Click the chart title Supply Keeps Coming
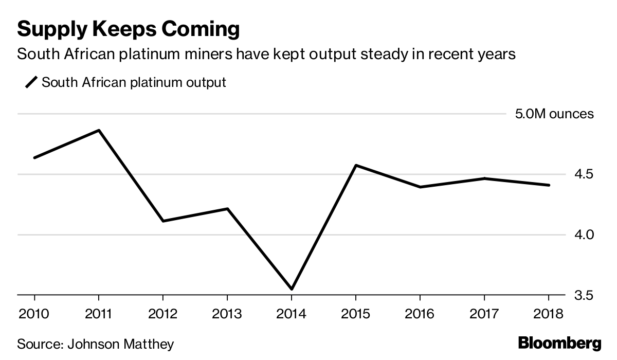tap(129, 29)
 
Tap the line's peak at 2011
tap(99, 130)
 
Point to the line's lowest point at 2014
tap(292, 289)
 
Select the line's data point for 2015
tap(356, 165)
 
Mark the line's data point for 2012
tap(163, 221)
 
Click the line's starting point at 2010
tap(34, 158)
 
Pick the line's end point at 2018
tap(549, 185)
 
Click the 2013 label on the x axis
tap(227, 314)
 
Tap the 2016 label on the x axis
tap(420, 314)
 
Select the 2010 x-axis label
tap(34, 314)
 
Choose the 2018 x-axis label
tap(549, 314)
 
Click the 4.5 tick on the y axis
tap(584, 174)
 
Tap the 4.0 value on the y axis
tap(584, 235)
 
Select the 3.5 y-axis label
tap(584, 296)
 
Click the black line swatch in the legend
tap(32, 82)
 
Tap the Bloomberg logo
tap(559, 343)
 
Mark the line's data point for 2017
tap(484, 178)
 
